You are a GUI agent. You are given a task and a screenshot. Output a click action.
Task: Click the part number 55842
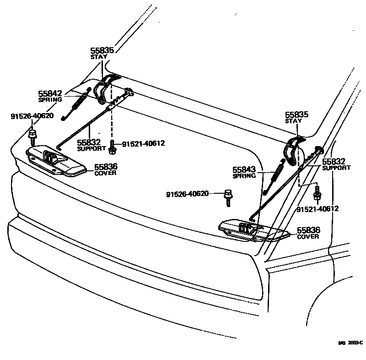point(50,93)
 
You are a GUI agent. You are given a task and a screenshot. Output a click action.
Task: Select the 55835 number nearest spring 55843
point(297,115)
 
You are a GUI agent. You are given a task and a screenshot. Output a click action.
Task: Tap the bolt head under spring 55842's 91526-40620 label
point(32,134)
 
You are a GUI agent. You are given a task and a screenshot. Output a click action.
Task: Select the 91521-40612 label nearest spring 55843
point(318,209)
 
